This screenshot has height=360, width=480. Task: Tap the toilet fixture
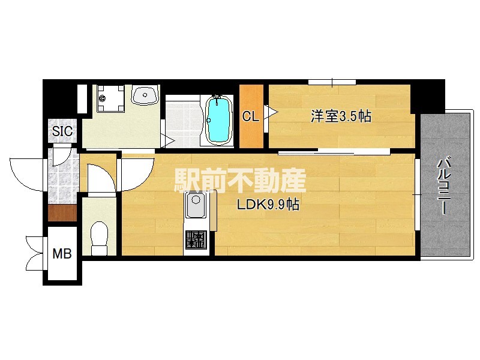click(x=100, y=238)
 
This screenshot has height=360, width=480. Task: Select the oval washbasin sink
click(x=145, y=95)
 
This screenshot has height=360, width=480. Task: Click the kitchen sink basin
click(x=196, y=205)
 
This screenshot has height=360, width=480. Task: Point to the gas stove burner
click(x=196, y=239)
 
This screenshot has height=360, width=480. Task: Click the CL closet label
click(x=250, y=116)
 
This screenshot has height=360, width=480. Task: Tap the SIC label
click(x=62, y=131)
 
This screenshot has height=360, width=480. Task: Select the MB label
click(x=62, y=253)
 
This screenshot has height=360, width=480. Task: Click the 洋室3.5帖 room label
click(x=341, y=116)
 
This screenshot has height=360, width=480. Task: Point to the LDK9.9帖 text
click(x=268, y=205)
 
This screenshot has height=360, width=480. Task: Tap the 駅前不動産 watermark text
click(x=241, y=181)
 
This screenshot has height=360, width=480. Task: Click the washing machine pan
click(x=110, y=98)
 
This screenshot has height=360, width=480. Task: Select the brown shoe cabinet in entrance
click(x=62, y=213)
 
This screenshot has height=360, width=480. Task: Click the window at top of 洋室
click(x=332, y=82)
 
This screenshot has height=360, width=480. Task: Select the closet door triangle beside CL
click(x=271, y=112)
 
